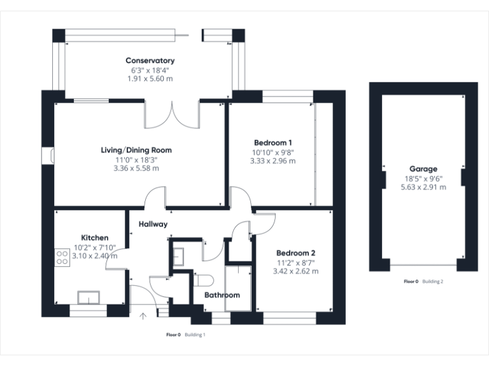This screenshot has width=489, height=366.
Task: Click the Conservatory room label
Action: tap(150, 61)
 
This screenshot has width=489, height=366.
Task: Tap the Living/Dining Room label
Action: tap(136, 151)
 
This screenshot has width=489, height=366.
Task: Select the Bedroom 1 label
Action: tap(273, 143)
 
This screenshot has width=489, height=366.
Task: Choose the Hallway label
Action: tap(153, 224)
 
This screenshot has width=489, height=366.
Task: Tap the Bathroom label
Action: tap(222, 295)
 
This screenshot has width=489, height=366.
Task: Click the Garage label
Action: tap(423, 169)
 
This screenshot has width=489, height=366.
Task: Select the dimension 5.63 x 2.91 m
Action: tap(423, 187)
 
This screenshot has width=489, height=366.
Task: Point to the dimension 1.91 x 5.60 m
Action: tap(150, 79)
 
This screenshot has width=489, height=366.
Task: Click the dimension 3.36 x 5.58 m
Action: tap(136, 168)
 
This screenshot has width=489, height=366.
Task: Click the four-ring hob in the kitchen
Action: tap(63, 257)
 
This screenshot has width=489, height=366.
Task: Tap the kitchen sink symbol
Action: tap(87, 297)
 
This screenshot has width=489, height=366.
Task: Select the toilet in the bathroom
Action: tap(204, 280)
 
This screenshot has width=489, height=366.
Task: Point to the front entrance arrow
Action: tap(143, 314)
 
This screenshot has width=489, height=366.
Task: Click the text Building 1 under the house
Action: tap(195, 334)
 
